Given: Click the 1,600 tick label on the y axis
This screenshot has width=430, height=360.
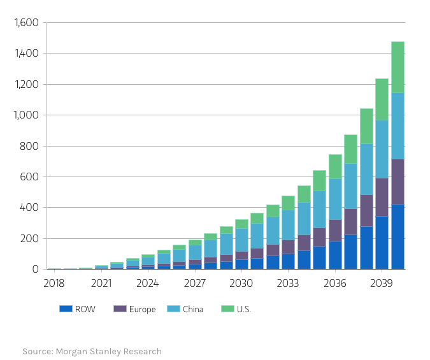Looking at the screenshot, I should tap(26, 23).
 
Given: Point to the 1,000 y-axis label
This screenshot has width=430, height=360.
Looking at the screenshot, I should tap(26, 115).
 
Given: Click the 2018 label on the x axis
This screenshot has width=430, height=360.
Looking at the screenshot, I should tap(54, 283).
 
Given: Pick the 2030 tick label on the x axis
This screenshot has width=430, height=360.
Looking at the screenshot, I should tap(241, 283).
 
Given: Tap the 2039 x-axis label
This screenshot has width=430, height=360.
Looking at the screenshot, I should tap(382, 283).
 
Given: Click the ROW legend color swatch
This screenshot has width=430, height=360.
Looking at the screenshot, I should tap(66, 309).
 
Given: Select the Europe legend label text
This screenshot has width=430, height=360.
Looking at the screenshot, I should tap(142, 310).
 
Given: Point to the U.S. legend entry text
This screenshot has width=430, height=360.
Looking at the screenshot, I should tap(244, 310).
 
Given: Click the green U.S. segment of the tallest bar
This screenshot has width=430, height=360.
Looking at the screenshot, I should tap(398, 67).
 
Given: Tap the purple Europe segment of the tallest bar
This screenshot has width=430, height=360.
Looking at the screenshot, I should tap(398, 182).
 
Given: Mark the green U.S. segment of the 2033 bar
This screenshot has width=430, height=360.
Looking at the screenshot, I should tap(288, 203).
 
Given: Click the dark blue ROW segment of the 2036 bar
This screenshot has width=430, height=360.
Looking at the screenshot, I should tap(335, 255).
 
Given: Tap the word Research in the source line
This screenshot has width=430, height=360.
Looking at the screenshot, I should tap(141, 352).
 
